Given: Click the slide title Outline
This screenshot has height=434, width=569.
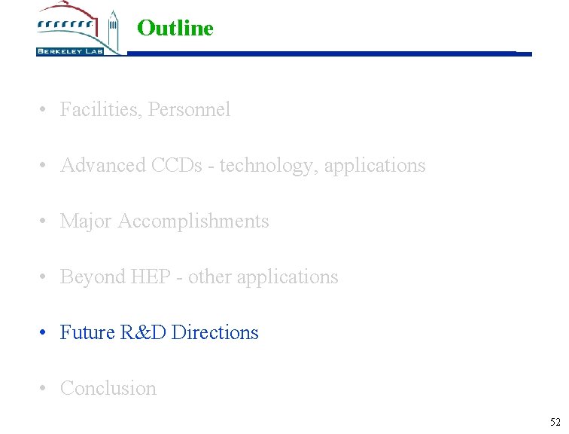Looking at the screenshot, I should (175, 29).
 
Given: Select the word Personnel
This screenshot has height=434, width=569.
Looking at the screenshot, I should (190, 110).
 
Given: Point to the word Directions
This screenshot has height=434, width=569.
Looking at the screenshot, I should (215, 333).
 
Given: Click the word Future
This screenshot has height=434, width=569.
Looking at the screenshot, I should (87, 333).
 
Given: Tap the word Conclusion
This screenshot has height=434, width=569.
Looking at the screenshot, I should (108, 389).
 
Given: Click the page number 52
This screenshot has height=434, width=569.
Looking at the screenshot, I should (555, 422).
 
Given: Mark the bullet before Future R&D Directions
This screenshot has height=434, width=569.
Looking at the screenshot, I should (45, 333).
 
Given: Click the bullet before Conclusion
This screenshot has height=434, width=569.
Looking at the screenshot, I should (45, 389).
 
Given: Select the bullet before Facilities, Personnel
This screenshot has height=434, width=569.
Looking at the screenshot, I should (45, 110).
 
